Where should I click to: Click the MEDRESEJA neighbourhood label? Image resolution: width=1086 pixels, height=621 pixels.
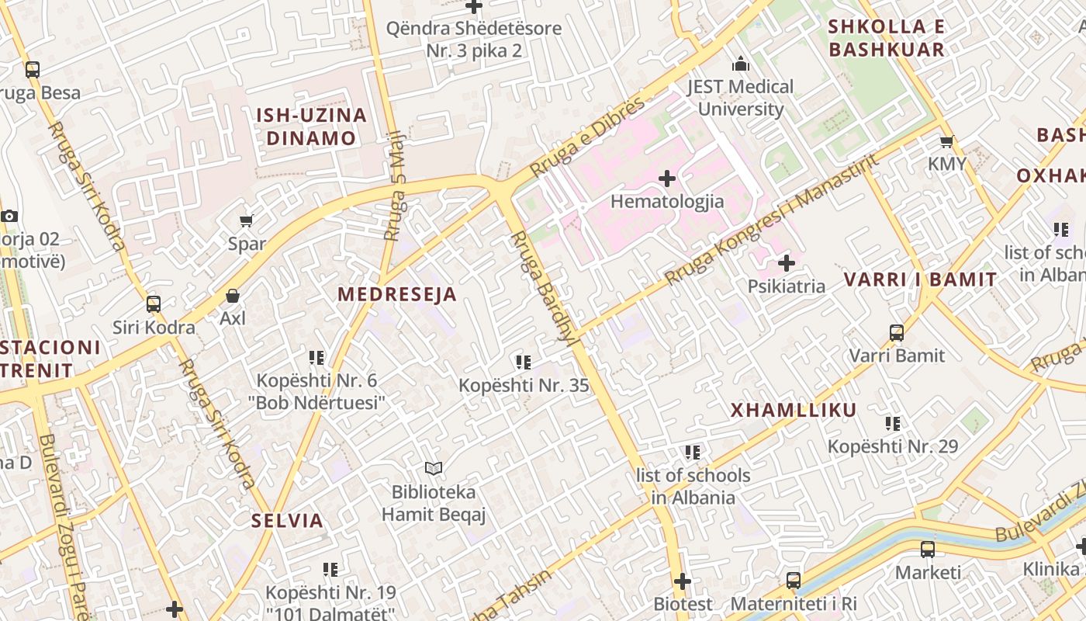click(397, 295)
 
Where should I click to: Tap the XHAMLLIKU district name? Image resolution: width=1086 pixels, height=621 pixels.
click(794, 411)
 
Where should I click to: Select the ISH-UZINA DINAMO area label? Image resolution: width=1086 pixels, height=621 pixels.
click(311, 127)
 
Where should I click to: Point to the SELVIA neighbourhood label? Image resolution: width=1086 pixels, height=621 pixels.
click(287, 520)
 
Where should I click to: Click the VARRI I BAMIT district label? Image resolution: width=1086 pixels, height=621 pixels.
click(920, 280)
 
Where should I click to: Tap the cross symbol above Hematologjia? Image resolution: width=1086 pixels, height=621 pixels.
click(666, 179)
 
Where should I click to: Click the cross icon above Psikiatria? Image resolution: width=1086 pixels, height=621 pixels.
click(786, 263)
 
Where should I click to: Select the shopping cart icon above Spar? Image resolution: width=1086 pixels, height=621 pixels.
click(247, 221)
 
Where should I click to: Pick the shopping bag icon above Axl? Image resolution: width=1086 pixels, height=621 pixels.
click(232, 296)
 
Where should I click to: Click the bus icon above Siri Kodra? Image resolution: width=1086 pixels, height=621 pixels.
click(154, 304)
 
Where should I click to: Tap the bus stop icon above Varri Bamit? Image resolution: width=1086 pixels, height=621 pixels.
click(897, 333)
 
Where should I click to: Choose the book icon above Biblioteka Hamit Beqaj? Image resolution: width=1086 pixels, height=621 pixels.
click(433, 468)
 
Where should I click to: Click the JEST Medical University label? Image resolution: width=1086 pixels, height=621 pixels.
click(741, 98)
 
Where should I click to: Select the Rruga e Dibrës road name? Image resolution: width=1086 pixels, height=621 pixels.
click(587, 137)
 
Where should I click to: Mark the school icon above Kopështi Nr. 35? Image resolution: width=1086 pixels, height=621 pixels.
click(523, 363)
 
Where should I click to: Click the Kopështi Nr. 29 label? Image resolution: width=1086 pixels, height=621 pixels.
click(892, 447)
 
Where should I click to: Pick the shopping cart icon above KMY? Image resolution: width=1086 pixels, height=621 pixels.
click(946, 142)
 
